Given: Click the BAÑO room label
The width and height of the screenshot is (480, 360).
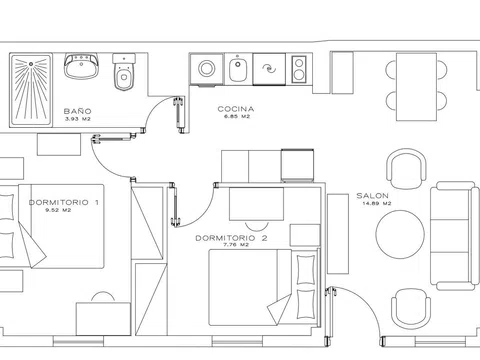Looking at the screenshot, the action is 77,111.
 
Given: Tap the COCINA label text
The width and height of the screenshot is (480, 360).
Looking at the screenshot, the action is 236,109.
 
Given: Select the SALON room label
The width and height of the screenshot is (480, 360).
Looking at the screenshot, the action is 372,196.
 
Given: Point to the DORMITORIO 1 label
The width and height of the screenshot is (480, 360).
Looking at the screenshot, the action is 64,202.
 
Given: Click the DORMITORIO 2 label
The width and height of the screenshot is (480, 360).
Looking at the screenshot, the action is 231,238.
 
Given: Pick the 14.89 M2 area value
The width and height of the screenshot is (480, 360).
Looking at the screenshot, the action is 376,203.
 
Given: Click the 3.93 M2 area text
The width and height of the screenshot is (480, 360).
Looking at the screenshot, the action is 78,119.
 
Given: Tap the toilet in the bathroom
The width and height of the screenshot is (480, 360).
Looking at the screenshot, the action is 124,72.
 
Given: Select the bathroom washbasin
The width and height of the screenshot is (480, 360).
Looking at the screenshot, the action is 81,66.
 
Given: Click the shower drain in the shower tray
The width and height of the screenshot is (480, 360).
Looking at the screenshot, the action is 31,64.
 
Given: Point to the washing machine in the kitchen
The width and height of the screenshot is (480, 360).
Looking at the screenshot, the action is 207,69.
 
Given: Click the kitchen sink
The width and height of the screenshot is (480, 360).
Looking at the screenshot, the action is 238,69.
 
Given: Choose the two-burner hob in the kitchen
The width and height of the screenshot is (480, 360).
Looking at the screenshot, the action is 299,69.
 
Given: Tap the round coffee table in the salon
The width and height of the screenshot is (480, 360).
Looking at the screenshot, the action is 400,234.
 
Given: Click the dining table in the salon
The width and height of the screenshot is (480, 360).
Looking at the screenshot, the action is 416,87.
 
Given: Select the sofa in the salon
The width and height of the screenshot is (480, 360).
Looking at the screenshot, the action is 454,235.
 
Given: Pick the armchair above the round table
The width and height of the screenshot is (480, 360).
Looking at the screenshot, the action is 406,168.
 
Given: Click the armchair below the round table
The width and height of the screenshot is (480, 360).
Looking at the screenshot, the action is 411,308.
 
